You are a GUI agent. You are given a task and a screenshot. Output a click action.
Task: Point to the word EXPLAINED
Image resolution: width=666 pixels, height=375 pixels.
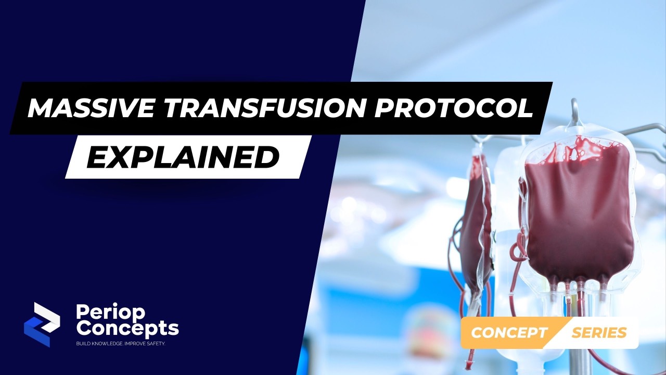pos(183,157)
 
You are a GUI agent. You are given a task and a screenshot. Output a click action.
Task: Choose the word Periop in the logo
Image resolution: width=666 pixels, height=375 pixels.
pos(110,312)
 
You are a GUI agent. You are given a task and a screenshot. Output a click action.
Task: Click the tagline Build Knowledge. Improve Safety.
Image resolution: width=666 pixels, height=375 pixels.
pos(120,344)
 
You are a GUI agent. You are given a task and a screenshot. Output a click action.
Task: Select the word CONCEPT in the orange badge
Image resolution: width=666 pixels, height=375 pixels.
pos(509,333)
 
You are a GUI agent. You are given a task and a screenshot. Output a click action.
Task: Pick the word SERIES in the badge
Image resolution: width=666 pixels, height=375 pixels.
pos(599,333)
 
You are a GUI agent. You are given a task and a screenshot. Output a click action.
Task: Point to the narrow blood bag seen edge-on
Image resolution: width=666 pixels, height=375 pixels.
pos(476,224)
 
